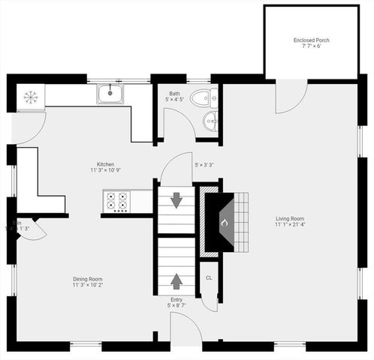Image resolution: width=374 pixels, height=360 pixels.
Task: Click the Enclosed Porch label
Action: (312, 40)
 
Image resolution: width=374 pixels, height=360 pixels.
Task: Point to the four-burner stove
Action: (116, 202)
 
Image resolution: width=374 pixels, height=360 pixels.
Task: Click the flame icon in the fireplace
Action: (222, 223)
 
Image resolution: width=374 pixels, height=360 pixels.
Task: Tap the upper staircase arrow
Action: (176, 200)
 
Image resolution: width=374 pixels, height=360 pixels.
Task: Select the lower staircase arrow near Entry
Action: (176, 281)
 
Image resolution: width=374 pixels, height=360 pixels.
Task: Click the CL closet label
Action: (208, 278)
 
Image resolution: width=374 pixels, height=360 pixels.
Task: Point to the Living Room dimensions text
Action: (290, 224)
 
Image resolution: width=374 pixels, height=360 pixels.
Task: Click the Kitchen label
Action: (105, 164)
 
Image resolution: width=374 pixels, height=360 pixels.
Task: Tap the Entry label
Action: (176, 299)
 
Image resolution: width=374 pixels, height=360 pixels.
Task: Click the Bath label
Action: (174, 92)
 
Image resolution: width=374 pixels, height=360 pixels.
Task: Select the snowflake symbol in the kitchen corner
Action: (31, 96)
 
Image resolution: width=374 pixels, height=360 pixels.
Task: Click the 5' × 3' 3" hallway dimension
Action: (204, 165)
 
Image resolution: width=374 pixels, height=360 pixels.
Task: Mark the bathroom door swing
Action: (178, 122)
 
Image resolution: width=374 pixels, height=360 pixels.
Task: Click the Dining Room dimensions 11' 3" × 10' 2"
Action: (87, 285)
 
